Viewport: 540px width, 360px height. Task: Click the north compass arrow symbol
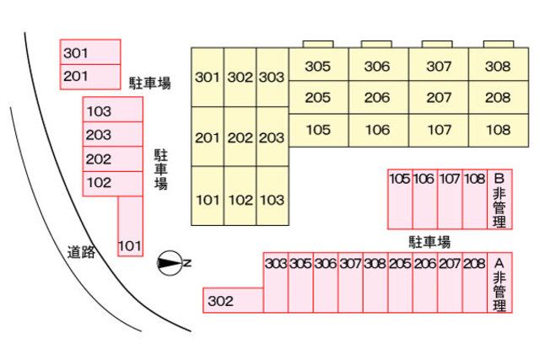click(172, 264)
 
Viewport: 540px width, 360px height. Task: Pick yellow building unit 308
click(499, 66)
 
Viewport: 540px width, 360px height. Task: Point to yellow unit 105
click(317, 130)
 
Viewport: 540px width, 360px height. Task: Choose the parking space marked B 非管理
click(499, 199)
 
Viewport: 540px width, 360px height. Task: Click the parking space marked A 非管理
click(499, 283)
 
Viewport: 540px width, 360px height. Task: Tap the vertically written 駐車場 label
click(159, 169)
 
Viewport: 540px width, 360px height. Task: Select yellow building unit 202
click(240, 137)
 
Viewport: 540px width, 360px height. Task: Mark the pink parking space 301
click(89, 52)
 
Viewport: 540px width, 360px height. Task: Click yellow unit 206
click(377, 98)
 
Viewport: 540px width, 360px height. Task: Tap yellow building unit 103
click(272, 200)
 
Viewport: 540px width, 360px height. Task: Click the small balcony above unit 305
click(317, 44)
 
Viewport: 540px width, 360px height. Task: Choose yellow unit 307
click(439, 66)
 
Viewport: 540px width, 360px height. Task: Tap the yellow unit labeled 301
click(208, 78)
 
